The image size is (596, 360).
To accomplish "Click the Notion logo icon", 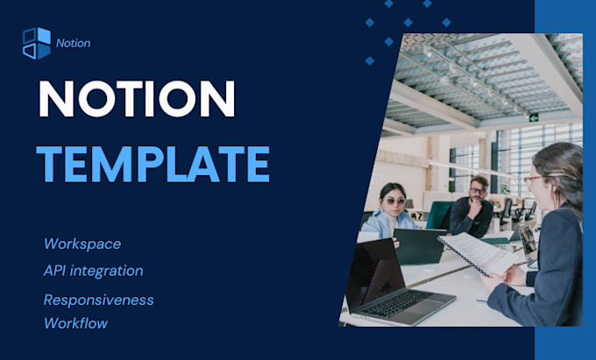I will [x=36, y=43].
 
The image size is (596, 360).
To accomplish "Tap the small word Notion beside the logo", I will [x=72, y=43].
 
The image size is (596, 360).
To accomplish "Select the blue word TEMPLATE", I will [x=153, y=163].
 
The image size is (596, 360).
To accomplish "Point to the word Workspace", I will [x=82, y=244].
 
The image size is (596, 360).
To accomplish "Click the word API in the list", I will [x=56, y=271].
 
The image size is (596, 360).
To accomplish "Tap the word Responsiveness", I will [x=98, y=300].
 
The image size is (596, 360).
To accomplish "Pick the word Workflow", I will [x=75, y=323].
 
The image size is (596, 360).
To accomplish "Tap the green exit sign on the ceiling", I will [x=531, y=116].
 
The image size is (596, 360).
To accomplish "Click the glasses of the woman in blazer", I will [x=532, y=179].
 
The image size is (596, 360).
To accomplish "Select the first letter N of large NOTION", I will [x=54, y=99].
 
